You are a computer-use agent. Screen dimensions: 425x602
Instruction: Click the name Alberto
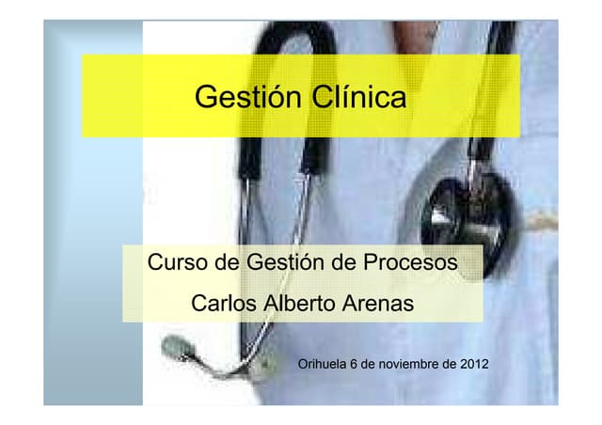click(300, 306)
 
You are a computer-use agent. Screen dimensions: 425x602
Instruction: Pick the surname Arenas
click(377, 306)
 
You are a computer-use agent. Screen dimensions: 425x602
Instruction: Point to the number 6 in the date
click(354, 364)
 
